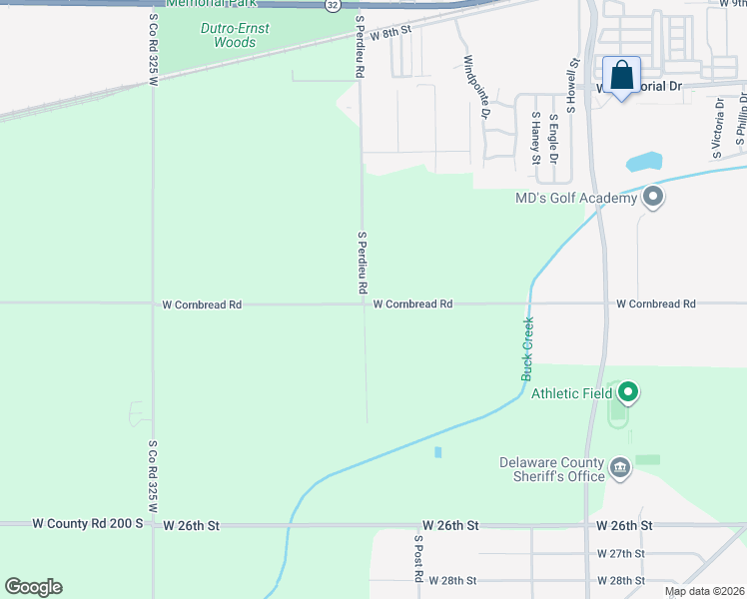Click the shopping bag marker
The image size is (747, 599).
point(621,76)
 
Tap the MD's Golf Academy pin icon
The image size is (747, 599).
point(653,197)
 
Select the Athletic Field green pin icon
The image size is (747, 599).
point(627,392)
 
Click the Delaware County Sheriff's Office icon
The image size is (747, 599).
point(619,468)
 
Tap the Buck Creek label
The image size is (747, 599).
point(527,348)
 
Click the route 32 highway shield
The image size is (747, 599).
point(332,5)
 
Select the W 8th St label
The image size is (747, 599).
point(390,36)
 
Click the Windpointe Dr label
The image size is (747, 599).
point(476,87)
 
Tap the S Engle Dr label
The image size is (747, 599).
point(553,137)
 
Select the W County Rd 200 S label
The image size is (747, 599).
point(88,523)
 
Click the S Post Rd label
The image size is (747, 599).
point(418,559)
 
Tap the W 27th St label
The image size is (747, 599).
point(620,553)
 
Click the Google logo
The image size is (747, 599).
point(33,587)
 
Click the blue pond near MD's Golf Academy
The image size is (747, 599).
point(644,161)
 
